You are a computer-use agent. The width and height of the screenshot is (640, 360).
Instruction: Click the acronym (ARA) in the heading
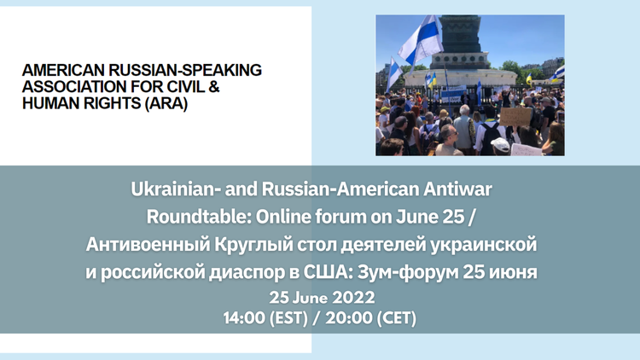pyautogui.click(x=166, y=103)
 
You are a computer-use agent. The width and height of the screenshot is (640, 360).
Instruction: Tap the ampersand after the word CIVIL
pyautogui.click(x=214, y=86)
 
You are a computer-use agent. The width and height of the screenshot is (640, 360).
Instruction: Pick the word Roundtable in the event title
pyautogui.click(x=199, y=217)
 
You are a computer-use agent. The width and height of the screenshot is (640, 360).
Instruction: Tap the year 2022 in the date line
pyautogui.click(x=353, y=298)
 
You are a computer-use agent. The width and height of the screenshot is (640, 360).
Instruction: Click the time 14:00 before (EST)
pyautogui.click(x=244, y=317)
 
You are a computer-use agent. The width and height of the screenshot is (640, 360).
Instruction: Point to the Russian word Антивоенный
pyautogui.click(x=148, y=244)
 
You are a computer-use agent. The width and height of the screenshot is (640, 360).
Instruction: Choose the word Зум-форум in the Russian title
pyautogui.click(x=407, y=272)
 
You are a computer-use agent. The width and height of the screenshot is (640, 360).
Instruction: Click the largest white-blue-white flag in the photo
pyautogui.click(x=421, y=39)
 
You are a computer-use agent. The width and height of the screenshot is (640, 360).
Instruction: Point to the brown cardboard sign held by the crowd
pyautogui.click(x=515, y=116)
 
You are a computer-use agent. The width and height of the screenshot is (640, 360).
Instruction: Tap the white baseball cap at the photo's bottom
pyautogui.click(x=500, y=144)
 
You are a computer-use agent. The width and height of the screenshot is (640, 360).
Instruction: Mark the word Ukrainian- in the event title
pyautogui.click(x=175, y=189)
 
